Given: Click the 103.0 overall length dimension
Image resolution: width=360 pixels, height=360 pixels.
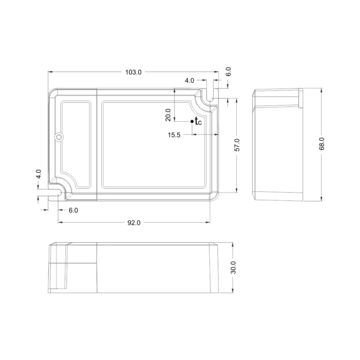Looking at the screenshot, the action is point(133,72).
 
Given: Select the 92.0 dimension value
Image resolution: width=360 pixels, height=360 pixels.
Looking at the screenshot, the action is point(134,223).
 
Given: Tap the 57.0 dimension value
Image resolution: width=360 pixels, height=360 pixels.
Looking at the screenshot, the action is point(237,145).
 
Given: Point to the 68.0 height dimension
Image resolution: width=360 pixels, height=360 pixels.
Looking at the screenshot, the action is point(322,144).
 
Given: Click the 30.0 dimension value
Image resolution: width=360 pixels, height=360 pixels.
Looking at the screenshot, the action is point(233,268).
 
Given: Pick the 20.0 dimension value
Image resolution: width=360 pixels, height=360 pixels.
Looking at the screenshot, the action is point(168,115).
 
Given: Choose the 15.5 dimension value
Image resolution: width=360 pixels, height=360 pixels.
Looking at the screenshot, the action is point(174,135).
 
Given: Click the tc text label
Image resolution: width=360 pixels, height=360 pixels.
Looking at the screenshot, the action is point(198,121).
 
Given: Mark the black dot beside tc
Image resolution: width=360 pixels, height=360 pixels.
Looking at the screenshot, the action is point(192,121).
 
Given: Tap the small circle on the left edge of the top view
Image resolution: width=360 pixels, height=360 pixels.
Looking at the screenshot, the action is point(59,137).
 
